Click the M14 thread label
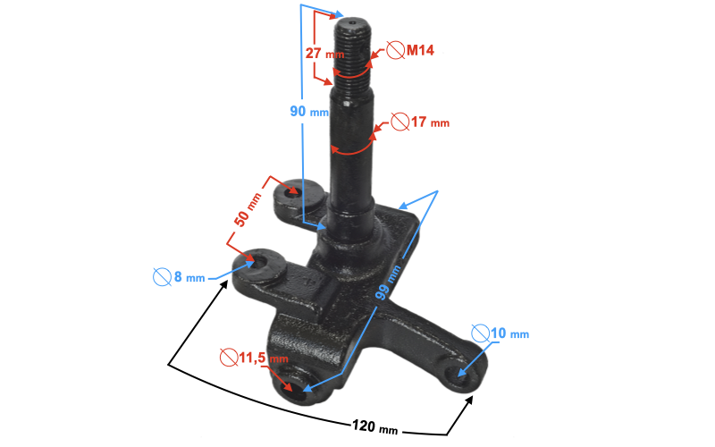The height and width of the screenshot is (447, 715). coord(420,50)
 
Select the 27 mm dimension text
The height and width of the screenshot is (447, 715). coord(324,54)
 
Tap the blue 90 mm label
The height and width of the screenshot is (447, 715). coord(309,111)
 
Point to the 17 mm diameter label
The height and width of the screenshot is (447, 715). coord(430,122)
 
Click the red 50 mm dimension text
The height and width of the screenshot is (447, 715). coord(248,210)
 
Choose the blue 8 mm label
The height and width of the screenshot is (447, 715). coord(189,276)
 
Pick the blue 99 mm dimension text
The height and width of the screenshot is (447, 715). coord(388,283)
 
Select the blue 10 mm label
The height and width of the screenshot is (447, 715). coord(509,333)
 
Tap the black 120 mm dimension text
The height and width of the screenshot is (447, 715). coord(374,427)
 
